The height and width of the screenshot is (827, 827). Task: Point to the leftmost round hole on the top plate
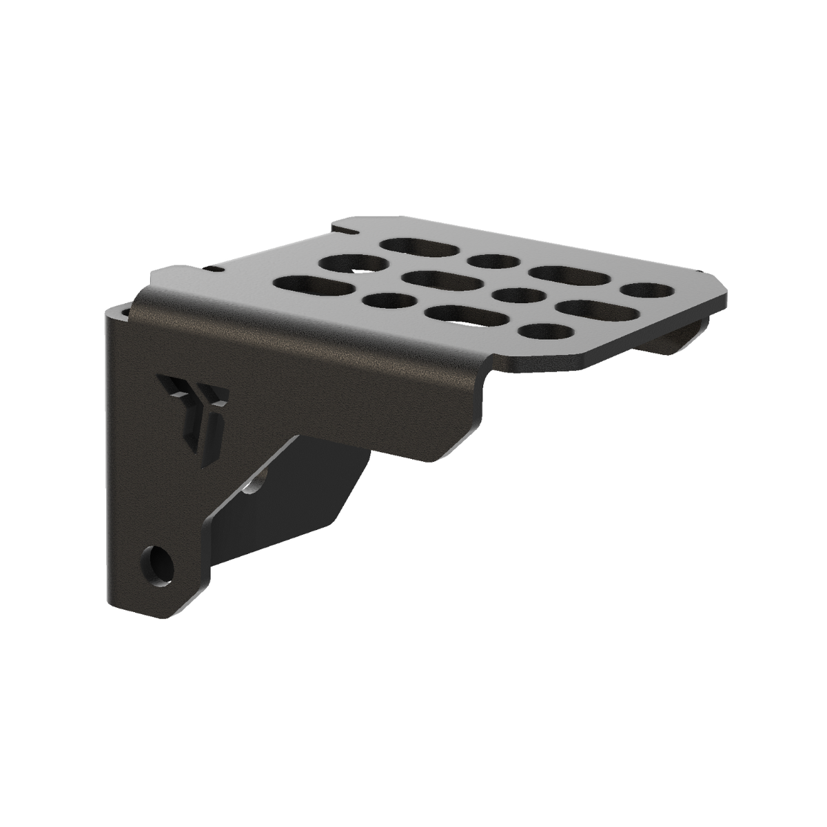pos(345,263)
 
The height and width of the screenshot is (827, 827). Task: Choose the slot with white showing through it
pos(461,315)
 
